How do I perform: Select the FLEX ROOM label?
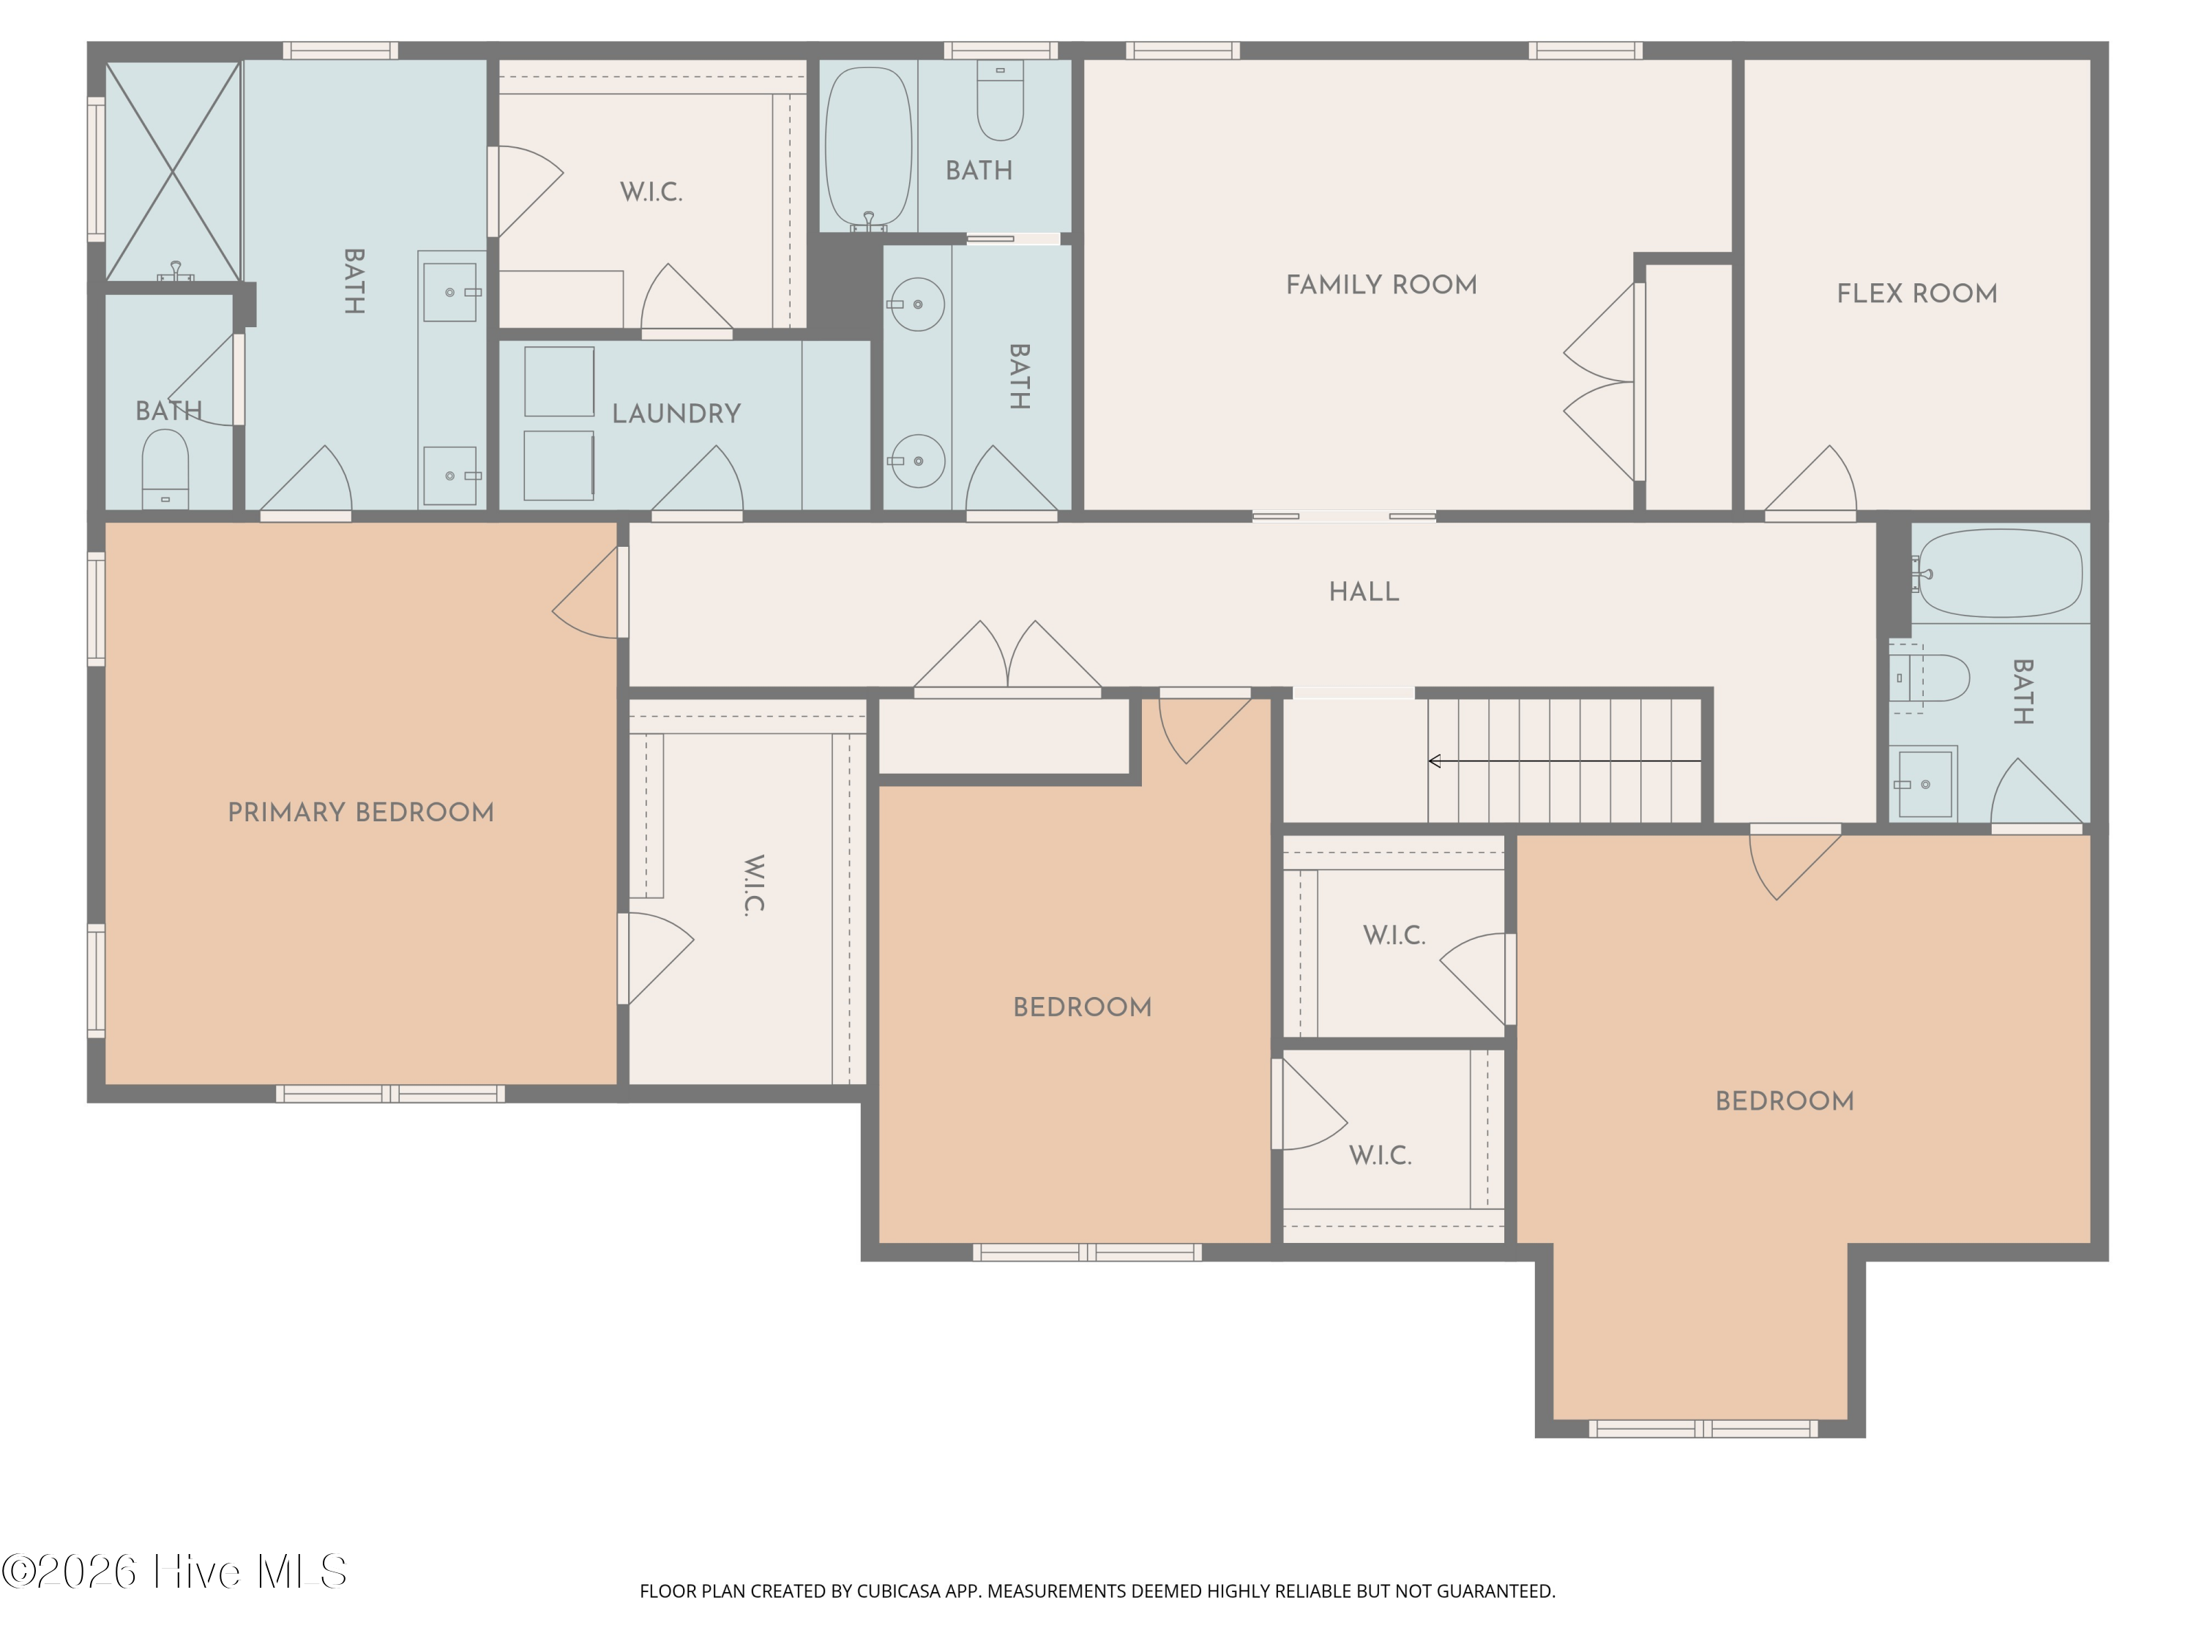point(1916,294)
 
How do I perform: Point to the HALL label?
point(1364,591)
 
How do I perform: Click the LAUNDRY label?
point(676,414)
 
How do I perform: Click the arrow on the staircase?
point(1564,761)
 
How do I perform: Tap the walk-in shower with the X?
point(173,172)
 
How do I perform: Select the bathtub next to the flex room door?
point(1999,573)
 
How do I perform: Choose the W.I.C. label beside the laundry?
point(651,192)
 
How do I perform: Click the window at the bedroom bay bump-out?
point(1703,1429)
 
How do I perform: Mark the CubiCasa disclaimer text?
point(1097,1591)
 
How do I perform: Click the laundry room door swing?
point(697,482)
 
